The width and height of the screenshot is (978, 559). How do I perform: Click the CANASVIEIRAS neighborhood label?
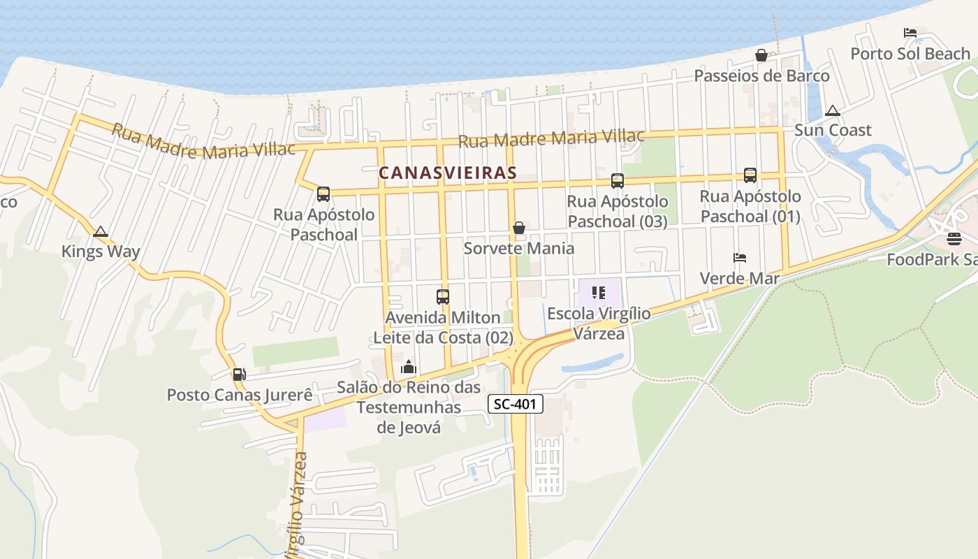(x=447, y=173)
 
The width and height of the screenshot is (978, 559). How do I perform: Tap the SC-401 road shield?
(x=515, y=404)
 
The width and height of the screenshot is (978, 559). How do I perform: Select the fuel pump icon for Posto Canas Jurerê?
(x=239, y=375)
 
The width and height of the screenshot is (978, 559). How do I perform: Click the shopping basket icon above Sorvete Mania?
(x=519, y=228)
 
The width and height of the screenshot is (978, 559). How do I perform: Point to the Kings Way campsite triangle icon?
(x=101, y=231)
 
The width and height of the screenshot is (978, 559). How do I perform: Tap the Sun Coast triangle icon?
(x=832, y=110)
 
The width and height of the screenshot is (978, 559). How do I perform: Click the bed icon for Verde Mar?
(x=740, y=258)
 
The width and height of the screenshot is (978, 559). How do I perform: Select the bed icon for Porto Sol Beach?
(x=910, y=33)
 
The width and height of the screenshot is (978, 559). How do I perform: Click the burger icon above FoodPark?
(x=954, y=239)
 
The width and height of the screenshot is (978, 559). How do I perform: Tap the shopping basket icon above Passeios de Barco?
(x=761, y=55)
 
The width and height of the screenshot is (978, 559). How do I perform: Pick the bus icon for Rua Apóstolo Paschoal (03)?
(x=618, y=181)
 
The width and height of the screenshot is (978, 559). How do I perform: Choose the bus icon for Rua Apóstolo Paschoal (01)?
(x=750, y=175)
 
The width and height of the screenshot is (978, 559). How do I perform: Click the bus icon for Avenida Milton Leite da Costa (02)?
(x=443, y=297)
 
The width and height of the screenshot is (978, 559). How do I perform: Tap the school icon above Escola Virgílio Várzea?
(x=599, y=293)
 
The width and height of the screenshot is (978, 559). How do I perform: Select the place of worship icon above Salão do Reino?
(x=409, y=367)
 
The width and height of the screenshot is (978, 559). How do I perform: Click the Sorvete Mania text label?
(x=519, y=249)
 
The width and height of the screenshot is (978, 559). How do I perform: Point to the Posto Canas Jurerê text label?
(x=240, y=395)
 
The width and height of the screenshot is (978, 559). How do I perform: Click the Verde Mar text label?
(x=740, y=278)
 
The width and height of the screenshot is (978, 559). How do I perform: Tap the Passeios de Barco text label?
(x=761, y=75)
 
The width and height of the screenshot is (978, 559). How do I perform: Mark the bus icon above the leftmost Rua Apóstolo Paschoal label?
(x=323, y=194)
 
